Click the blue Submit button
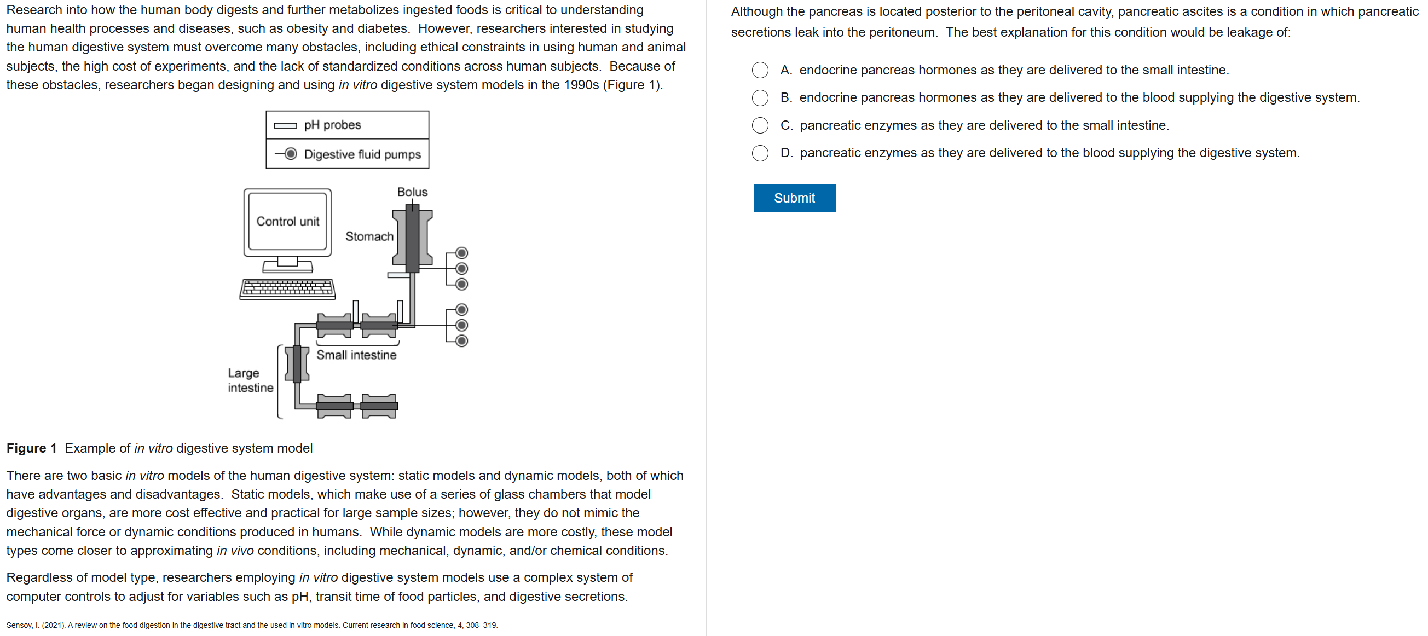tap(794, 198)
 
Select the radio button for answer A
tap(760, 70)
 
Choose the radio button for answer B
tap(760, 97)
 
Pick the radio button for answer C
tap(760, 125)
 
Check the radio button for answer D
tap(760, 153)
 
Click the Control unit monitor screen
tap(287, 221)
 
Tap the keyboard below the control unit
tap(287, 289)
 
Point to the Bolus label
tap(412, 192)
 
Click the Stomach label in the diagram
tap(369, 236)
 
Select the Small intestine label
tap(356, 355)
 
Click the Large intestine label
tap(250, 380)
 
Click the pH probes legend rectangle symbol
tap(286, 125)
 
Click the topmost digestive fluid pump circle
tap(461, 253)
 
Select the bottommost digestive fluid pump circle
tap(461, 340)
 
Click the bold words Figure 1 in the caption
tap(32, 448)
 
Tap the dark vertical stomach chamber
tap(412, 239)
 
